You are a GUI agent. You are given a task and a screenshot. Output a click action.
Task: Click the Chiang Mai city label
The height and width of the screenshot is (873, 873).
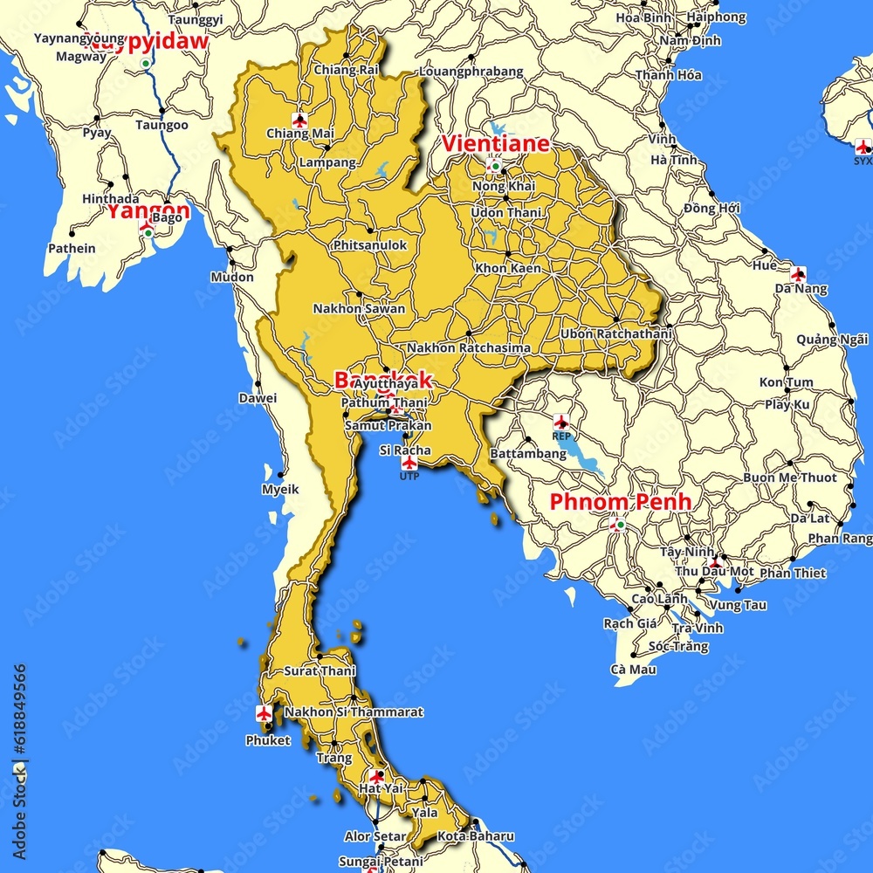coord(299,134)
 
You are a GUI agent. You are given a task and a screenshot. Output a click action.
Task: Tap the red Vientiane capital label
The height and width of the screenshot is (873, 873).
coord(496,144)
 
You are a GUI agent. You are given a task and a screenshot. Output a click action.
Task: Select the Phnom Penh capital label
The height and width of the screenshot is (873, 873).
coord(620,502)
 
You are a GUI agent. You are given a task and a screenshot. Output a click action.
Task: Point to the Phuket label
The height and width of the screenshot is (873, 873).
coord(267,740)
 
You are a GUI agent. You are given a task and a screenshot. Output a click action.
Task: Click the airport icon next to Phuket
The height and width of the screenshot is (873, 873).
coord(264,713)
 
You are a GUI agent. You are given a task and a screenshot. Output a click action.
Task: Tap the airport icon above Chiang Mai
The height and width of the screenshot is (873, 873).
coord(300,120)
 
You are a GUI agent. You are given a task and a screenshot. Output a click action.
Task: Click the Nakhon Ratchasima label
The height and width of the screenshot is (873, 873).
coord(468,347)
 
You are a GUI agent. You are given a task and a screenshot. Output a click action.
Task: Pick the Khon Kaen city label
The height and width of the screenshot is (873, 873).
coord(507,268)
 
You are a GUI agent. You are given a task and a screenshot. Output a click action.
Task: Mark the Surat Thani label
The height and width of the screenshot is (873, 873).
coord(320,671)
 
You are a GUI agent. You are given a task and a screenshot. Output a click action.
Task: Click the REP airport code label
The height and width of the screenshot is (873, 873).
coord(561,435)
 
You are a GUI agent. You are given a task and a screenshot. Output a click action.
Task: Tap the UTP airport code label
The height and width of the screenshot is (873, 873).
coord(409,477)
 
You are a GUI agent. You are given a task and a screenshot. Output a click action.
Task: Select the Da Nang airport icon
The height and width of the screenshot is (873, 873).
coord(797,274)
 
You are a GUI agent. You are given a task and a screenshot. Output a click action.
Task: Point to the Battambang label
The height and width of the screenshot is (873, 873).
coord(528,454)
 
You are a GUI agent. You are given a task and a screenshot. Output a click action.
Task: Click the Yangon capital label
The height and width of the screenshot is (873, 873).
coord(148,210)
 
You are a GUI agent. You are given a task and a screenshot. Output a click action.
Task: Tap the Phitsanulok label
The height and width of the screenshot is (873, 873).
coord(369,245)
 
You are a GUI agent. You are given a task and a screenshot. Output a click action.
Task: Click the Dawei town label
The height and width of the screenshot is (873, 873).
coord(258,398)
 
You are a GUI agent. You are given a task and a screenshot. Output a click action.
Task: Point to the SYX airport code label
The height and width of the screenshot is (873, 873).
coord(863,161)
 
